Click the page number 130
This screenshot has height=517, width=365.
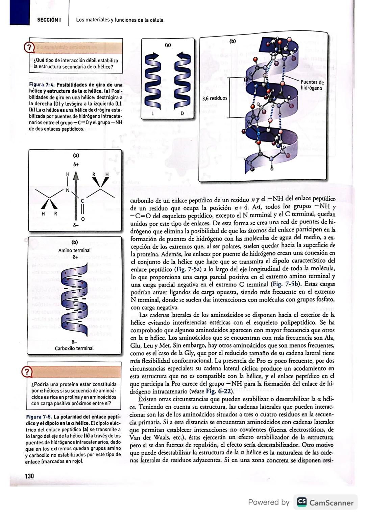coord(29,476)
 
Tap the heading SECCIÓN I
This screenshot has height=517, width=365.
coord(49,20)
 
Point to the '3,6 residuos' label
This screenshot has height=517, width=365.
coord(215,98)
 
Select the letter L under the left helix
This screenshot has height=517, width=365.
coord(152,113)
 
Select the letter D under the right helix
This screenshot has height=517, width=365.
coord(182,113)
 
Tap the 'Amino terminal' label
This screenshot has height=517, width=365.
coord(74,250)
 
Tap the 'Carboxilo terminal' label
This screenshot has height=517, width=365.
coord(74,348)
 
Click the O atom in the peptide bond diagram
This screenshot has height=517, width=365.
coord(82,219)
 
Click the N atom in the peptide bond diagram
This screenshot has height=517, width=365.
coord(68,190)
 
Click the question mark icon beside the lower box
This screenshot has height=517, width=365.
coord(27,372)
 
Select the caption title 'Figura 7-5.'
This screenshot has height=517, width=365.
coord(38,417)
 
